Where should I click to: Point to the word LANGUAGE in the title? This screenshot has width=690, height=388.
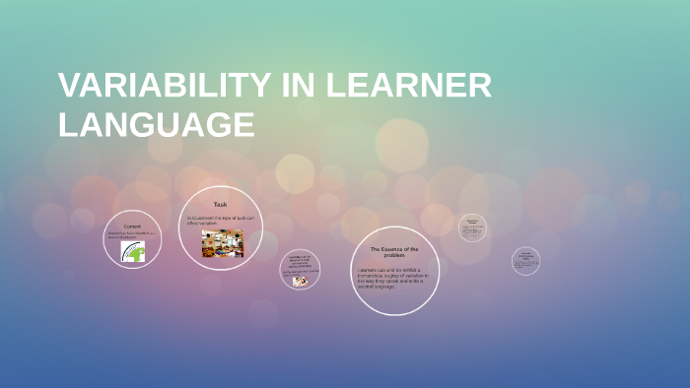coord(157,125)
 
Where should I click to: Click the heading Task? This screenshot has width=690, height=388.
coord(221,204)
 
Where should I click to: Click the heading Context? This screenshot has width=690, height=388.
coord(132,226)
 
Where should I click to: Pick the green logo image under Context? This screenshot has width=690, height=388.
coord(132,251)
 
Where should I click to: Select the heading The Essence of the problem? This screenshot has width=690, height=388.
coord(394,252)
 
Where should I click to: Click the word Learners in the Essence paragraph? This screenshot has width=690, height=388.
coord(368,269)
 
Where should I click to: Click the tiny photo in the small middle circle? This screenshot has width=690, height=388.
coord(300,281)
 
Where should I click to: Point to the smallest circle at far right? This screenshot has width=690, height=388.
coord(526,261)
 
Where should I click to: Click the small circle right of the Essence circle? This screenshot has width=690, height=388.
coord(472,228)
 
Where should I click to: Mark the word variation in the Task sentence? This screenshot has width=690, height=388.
coord(207,224)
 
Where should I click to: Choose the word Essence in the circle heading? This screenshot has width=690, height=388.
coord(395,249)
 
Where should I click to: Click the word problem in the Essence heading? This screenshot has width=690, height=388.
coord(394,256)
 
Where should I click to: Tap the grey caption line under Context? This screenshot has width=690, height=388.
coord(132,235)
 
